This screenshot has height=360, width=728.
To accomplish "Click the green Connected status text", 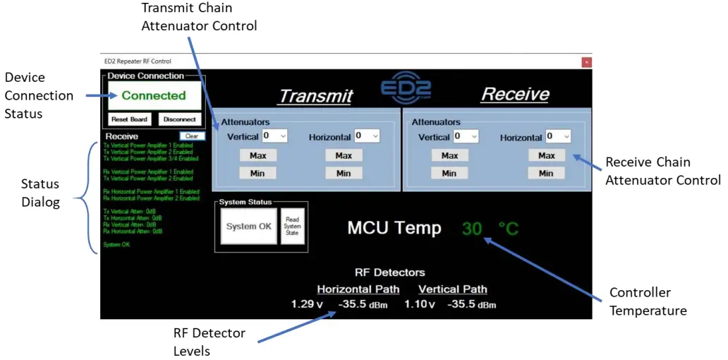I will click(154, 95).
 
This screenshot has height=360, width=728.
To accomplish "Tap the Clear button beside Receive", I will click(191, 136).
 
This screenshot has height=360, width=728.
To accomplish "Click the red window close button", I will click(586, 62).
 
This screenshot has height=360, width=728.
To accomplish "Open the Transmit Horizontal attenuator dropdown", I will click(367, 136).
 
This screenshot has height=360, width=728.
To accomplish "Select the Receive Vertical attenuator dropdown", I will click(466, 136).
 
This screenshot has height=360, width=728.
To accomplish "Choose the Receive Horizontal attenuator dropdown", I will click(557, 136).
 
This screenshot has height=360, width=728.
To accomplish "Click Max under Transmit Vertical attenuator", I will click(257, 155).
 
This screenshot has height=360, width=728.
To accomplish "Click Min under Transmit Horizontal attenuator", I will click(344, 173).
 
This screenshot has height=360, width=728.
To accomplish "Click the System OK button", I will click(248, 227).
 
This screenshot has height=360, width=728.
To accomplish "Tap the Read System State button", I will click(292, 227).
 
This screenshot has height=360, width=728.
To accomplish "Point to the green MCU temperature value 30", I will click(472, 228).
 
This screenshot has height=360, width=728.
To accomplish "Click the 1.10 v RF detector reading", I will click(420, 304).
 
